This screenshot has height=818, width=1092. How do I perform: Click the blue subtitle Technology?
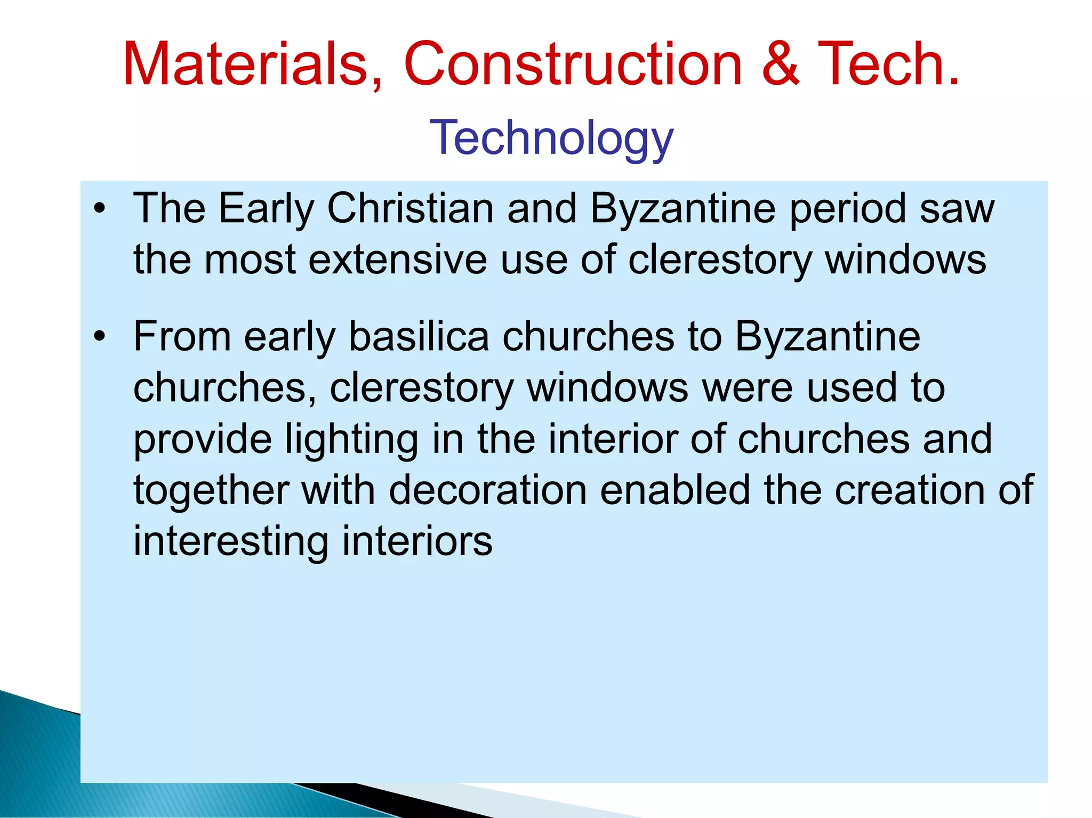coord(551,138)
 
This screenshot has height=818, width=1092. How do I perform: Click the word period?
coord(848,208)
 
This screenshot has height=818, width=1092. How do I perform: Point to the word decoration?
coord(487,490)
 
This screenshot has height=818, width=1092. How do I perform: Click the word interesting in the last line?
coord(231,541)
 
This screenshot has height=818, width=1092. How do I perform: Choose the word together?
coord(211,490)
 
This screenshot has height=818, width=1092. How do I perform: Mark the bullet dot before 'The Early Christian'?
coord(99,209)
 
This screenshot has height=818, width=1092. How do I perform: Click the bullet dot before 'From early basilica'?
coord(99,337)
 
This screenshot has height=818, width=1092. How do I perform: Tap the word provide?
coord(202,439)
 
